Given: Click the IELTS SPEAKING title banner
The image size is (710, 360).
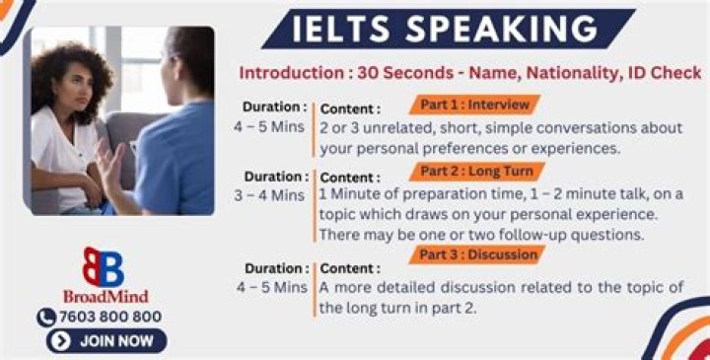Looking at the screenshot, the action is tap(449, 29).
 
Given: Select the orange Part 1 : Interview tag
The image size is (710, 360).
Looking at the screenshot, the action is tap(475, 105).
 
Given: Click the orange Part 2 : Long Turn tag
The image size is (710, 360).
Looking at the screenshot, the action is tap(477, 172).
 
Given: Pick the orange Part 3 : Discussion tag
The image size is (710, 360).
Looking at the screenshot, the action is tap(477, 254).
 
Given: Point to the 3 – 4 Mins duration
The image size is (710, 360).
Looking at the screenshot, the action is tap(269, 195).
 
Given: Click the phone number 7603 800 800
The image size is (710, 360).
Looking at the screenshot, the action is tap(110, 317).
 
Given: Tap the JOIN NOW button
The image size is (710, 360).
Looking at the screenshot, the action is tap(106, 341).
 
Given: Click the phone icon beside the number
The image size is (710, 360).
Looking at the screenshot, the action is tap(46, 318).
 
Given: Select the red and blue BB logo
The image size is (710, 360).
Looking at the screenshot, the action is tap(104, 267).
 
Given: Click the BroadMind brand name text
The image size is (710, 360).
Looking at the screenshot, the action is tap(106, 297).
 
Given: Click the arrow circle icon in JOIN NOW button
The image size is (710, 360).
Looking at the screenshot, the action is tap(61, 341).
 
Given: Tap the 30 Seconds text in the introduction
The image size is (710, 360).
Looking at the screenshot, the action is tap(405, 73).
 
